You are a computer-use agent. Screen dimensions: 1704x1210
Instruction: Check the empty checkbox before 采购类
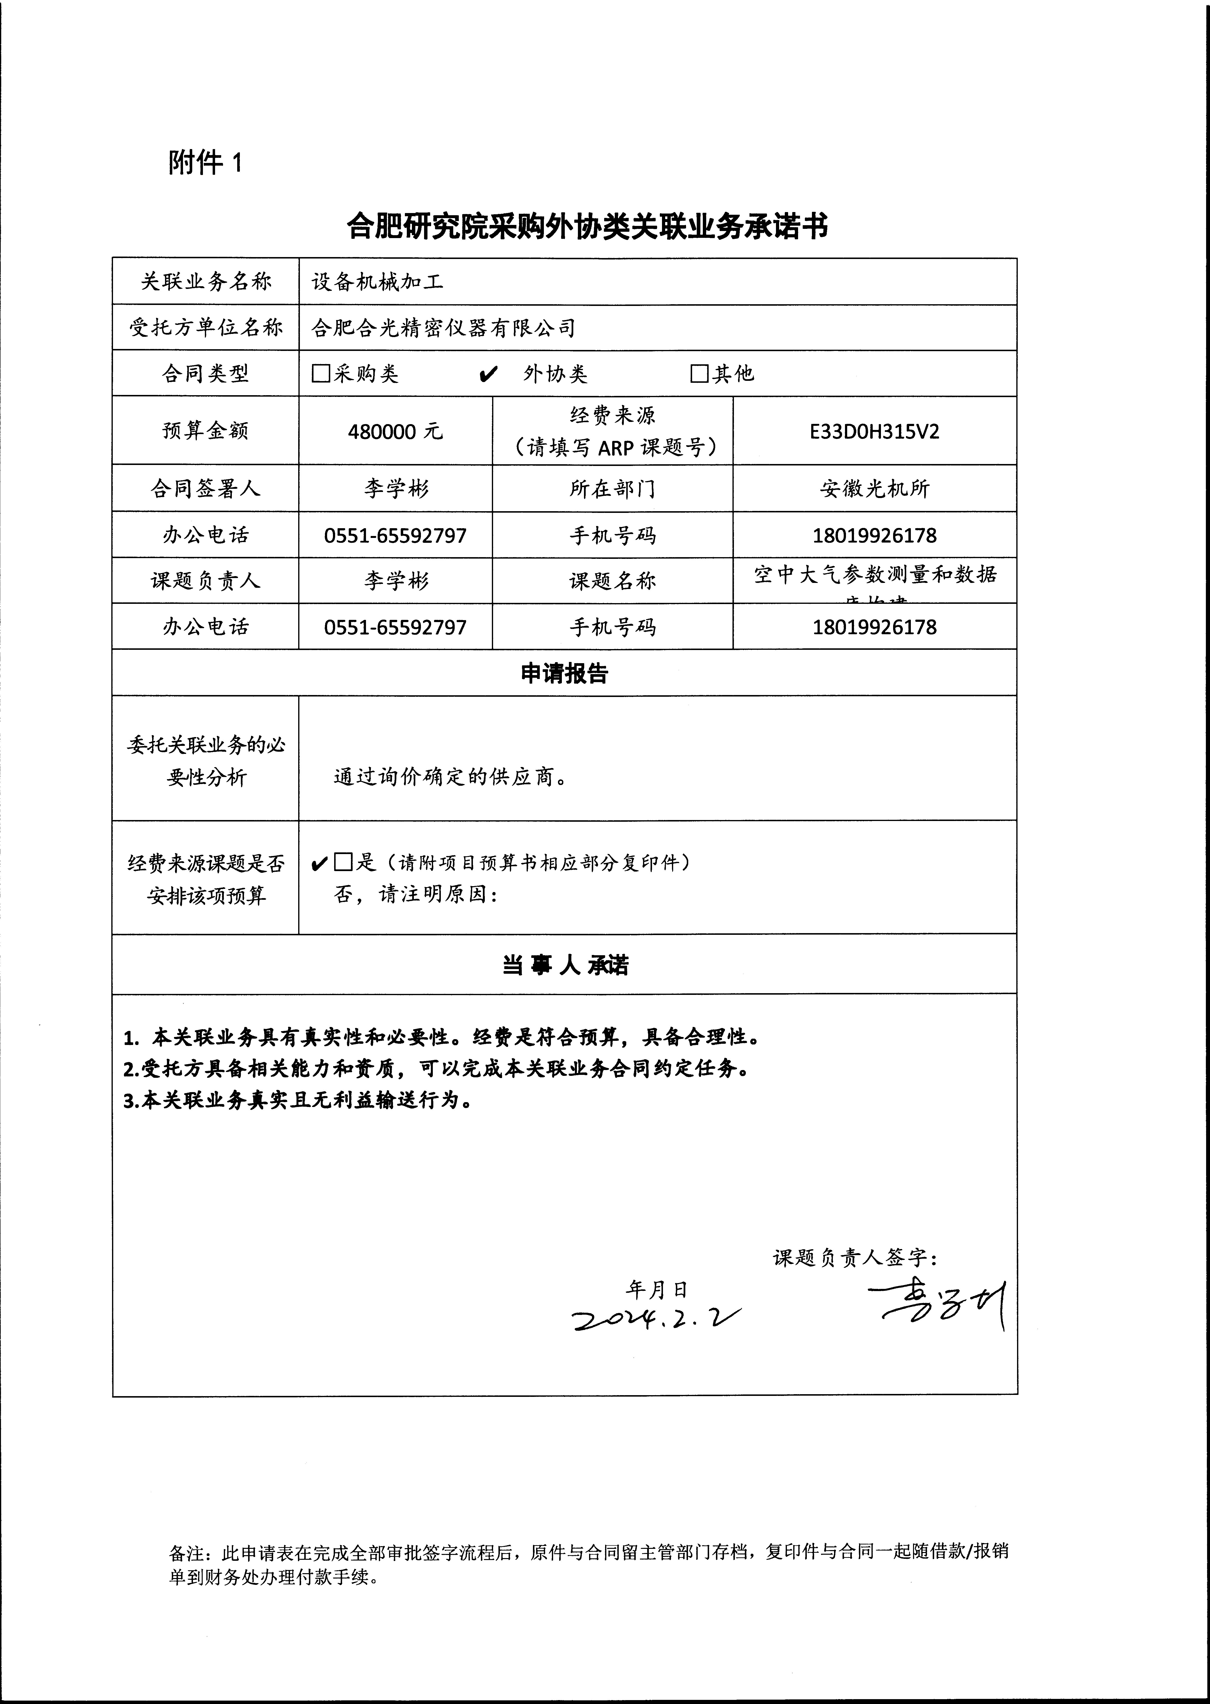(320, 374)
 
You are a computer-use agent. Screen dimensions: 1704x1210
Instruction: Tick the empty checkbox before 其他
(699, 374)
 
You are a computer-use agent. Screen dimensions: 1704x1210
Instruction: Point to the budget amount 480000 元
(395, 431)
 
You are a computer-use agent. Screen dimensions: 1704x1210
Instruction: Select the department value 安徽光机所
(874, 489)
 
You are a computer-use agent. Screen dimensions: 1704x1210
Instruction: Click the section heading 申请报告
(564, 673)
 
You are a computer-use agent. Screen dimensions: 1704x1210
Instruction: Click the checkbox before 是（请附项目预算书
(343, 862)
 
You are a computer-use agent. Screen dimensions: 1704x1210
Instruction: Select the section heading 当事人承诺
(564, 965)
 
